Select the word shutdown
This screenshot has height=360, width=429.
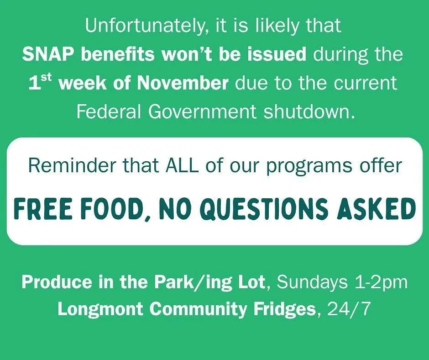[x=309, y=112]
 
